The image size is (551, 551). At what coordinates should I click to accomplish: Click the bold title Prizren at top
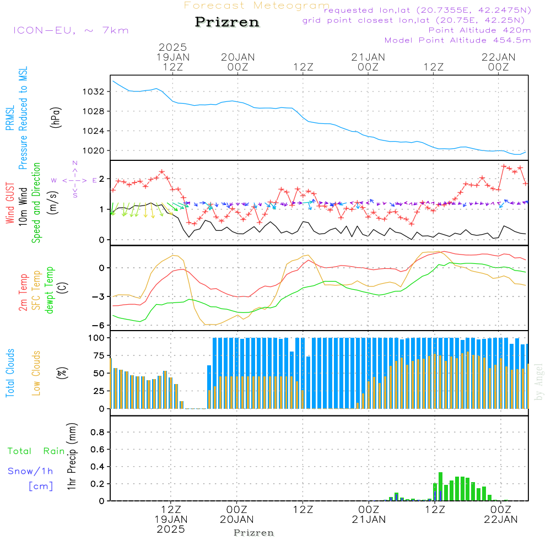tap(227, 23)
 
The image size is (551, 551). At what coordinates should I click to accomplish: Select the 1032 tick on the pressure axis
tap(95, 91)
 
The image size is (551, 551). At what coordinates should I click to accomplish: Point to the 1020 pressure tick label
tap(95, 150)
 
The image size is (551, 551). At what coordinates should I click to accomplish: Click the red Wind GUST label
tap(10, 204)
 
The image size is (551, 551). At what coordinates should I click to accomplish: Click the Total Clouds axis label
tap(10, 372)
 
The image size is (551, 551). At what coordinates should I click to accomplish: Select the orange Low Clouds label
tap(36, 372)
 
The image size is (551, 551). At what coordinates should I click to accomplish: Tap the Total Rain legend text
tap(36, 451)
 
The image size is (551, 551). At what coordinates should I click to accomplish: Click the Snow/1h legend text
tap(31, 471)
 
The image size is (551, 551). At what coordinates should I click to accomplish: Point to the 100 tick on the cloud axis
tap(97, 338)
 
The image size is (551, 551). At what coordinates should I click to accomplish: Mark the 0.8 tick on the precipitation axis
tap(97, 432)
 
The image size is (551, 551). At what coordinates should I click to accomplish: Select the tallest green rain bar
tap(440, 486)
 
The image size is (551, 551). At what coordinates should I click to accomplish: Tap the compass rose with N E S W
tap(75, 180)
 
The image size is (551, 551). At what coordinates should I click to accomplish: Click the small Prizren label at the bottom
tap(254, 533)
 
